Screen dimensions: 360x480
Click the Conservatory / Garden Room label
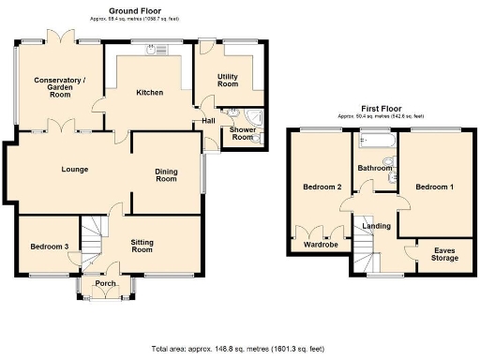pos(59,87)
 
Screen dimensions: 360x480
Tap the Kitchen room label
pos(149,93)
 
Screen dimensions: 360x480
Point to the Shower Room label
pos(242,133)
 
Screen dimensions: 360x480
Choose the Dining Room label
pos(165,174)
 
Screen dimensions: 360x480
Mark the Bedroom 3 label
pos(45,246)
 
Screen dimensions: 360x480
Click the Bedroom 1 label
pos(434,187)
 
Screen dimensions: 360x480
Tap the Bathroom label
pos(375,168)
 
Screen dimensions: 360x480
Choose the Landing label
pos(377,225)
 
